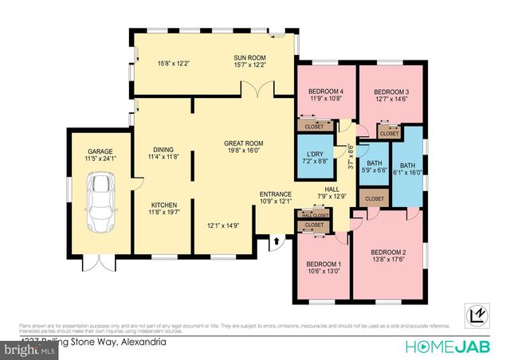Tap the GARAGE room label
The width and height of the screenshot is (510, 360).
(100, 151)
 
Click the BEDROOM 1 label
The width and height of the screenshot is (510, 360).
(324, 264)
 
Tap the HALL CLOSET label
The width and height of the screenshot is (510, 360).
(316, 215)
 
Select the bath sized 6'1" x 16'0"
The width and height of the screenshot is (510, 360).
(407, 167)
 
